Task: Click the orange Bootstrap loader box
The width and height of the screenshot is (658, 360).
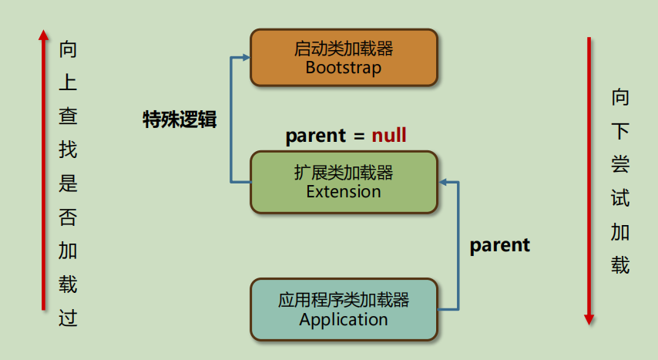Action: (344, 58)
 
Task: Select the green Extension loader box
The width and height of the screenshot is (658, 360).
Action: (344, 182)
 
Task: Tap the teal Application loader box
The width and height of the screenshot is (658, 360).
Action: (344, 309)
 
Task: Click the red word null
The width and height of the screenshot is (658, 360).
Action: (389, 135)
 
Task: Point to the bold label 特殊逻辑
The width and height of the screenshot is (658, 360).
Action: (180, 119)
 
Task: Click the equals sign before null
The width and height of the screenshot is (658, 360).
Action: (359, 136)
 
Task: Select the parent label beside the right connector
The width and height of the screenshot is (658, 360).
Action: (500, 245)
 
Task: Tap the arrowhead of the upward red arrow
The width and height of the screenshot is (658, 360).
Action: (43, 35)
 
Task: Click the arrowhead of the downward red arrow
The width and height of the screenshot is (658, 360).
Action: (589, 320)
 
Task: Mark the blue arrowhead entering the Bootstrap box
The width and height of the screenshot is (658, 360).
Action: (247, 58)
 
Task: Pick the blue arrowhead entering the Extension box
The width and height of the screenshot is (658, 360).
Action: (443, 182)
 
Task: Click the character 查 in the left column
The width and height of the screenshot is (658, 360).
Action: (68, 116)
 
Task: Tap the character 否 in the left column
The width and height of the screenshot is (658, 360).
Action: (68, 217)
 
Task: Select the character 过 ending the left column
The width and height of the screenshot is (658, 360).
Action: (68, 318)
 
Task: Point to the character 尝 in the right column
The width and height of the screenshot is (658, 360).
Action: (620, 164)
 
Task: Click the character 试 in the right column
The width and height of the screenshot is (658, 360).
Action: (620, 198)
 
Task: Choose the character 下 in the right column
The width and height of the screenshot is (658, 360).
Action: (620, 130)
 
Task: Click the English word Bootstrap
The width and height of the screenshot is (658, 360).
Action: (344, 68)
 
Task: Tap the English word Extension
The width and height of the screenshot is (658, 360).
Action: (344, 191)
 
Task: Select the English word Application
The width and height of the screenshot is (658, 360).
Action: (344, 320)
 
